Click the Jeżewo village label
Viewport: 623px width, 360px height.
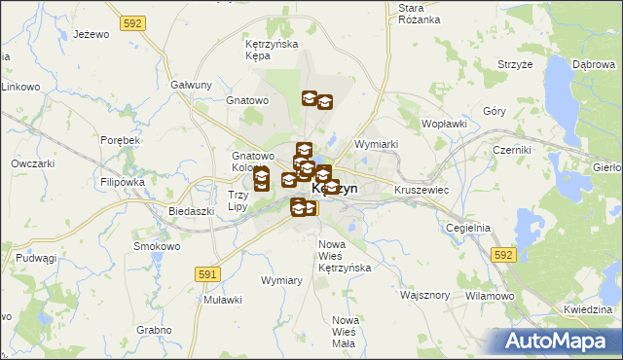90,35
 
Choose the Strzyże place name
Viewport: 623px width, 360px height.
515,64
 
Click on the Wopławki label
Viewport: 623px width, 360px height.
445,125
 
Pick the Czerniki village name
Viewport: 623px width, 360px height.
511,150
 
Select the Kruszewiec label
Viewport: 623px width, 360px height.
421,190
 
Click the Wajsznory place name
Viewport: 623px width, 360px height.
424,293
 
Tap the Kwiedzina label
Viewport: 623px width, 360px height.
587,309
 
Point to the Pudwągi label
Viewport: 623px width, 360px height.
35,258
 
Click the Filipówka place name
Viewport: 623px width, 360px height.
122,182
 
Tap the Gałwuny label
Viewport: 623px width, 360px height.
191,85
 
